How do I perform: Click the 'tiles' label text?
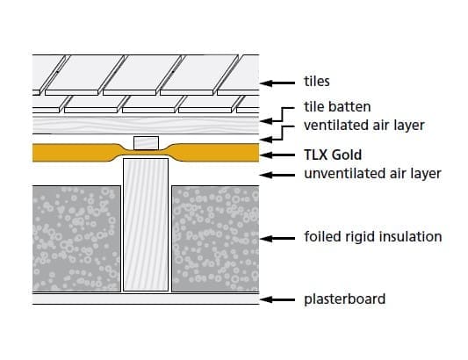click(317, 81)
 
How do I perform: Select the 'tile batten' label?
click(337, 106)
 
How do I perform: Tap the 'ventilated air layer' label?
click(364, 125)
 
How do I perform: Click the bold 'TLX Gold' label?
click(333, 155)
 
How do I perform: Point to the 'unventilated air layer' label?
click(372, 174)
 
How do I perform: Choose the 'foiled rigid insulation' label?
click(373, 237)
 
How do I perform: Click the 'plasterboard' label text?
click(345, 299)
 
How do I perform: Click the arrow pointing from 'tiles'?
click(277, 83)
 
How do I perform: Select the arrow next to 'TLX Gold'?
click(277, 155)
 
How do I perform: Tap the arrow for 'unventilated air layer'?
click(277, 175)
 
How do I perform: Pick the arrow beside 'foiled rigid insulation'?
click(277, 239)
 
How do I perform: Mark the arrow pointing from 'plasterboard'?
click(277, 299)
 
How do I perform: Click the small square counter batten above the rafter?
click(146, 143)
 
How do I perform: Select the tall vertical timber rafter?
click(146, 225)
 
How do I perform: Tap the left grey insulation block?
click(76, 239)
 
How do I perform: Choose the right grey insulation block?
click(215, 239)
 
